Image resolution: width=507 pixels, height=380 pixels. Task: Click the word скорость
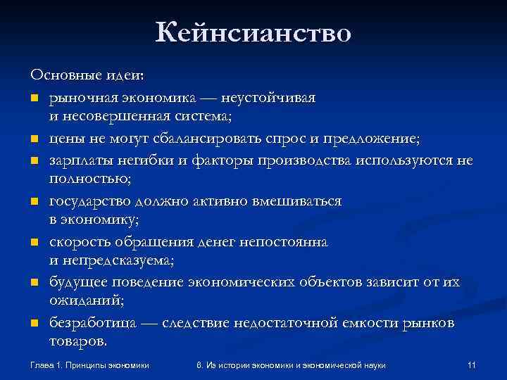click(x=78, y=241)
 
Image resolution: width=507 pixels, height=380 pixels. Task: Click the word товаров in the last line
click(x=78, y=342)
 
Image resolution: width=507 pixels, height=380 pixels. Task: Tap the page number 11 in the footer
click(x=472, y=365)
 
